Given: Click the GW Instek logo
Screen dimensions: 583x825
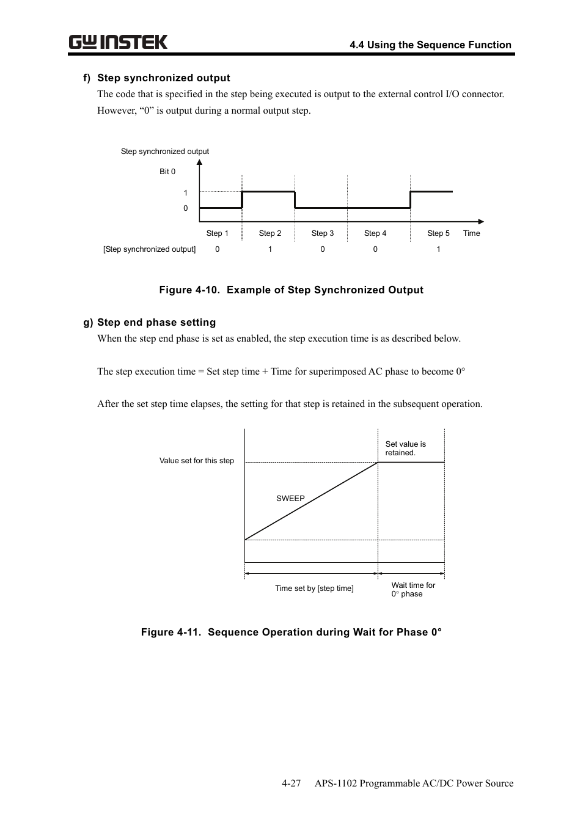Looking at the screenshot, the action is click(x=118, y=42).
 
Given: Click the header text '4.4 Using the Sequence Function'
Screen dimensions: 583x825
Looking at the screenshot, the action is click(x=430, y=45).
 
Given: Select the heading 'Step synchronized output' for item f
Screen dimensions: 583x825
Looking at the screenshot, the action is click(x=163, y=78).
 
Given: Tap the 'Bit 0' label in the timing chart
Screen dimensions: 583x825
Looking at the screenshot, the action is click(x=167, y=172).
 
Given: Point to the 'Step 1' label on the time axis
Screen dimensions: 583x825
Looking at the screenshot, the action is click(x=217, y=233).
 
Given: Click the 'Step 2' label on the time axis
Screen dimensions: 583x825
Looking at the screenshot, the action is click(x=269, y=233).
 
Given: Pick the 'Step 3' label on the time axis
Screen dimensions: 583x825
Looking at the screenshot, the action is click(x=322, y=233).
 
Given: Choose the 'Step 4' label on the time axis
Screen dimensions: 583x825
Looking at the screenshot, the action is click(x=375, y=233).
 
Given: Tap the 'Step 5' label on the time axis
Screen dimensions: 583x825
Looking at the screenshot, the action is click(x=438, y=233).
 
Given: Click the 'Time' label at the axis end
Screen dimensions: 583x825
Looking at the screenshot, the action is click(x=471, y=233).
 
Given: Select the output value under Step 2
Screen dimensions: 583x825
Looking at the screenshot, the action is click(x=269, y=249).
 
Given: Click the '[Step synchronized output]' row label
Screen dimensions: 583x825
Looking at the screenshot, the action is click(x=149, y=249).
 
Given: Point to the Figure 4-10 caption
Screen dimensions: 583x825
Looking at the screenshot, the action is click(x=291, y=290).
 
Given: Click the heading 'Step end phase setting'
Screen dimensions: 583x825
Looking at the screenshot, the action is click(x=156, y=322).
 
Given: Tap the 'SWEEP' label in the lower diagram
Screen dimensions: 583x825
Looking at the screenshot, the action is click(x=290, y=499).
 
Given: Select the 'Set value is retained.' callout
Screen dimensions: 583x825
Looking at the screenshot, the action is click(x=405, y=449).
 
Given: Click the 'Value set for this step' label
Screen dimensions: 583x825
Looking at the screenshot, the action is click(x=196, y=461).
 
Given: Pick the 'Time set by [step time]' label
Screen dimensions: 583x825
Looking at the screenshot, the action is click(x=314, y=588).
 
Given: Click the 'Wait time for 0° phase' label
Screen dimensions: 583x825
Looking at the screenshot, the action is click(x=413, y=590).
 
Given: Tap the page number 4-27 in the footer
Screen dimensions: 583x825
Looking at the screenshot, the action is click(x=291, y=783).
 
